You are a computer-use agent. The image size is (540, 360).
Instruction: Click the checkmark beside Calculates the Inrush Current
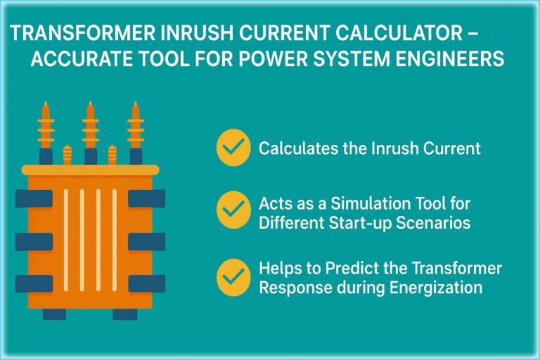[233, 148]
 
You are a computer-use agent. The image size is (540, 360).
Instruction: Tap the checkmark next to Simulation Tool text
[233, 210]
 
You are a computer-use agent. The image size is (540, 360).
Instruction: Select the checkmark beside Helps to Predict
[233, 277]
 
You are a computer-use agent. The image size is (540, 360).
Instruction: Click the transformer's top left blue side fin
[34, 198]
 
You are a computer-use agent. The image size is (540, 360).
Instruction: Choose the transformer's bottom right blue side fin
[147, 283]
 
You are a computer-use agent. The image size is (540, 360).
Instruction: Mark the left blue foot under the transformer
[54, 314]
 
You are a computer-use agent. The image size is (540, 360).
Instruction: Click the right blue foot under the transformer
[125, 314]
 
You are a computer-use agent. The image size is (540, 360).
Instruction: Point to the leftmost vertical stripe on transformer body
[66, 240]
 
